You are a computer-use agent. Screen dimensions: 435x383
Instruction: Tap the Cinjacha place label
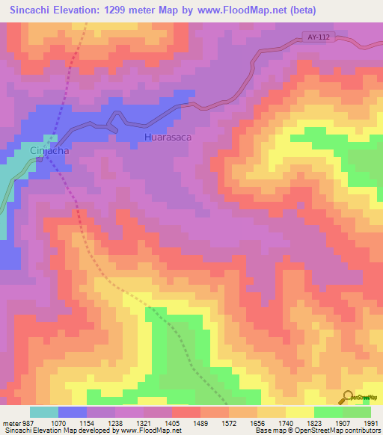[x=50, y=150]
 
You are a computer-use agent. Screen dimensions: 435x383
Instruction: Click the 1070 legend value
[x=73, y=423]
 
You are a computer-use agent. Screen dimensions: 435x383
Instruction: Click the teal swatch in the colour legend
[x=43, y=412]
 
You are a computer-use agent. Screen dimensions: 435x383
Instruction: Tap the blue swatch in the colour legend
[x=72, y=412]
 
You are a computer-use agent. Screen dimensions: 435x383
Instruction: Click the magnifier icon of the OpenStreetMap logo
[x=348, y=397]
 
